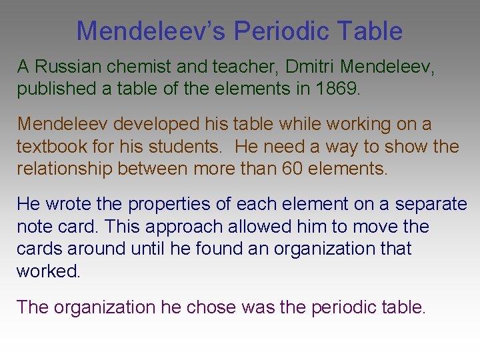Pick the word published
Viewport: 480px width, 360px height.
click(56, 89)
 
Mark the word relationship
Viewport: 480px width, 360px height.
click(64, 168)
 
